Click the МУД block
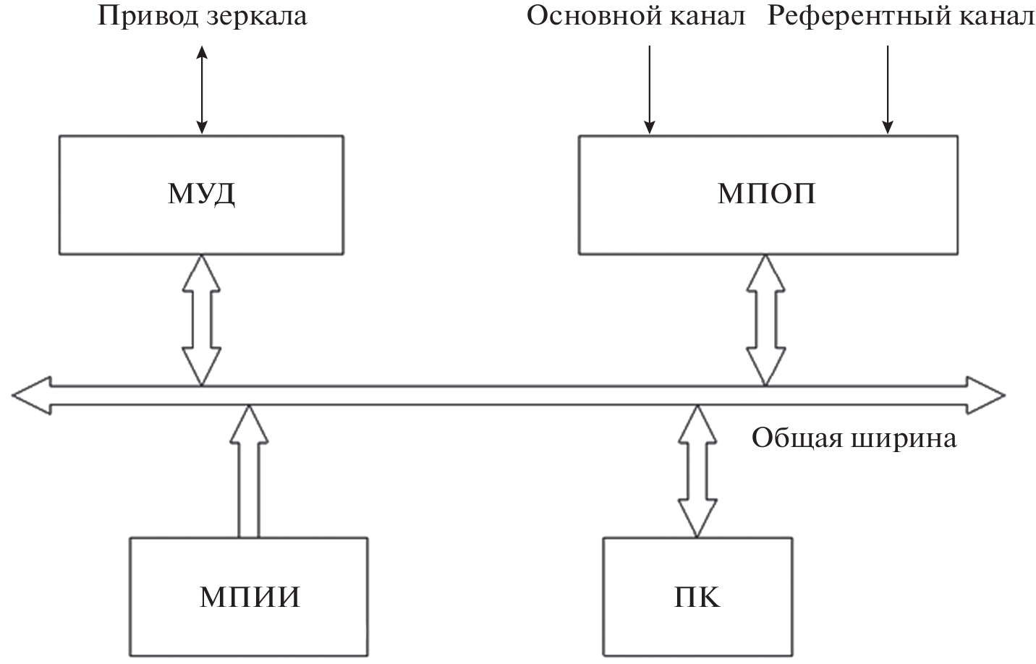201,195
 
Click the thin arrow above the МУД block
202,90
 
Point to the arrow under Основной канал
650,90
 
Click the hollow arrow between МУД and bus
201,319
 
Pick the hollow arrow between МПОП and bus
765,319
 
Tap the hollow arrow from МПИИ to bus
248,470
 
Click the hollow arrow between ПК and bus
696,470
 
